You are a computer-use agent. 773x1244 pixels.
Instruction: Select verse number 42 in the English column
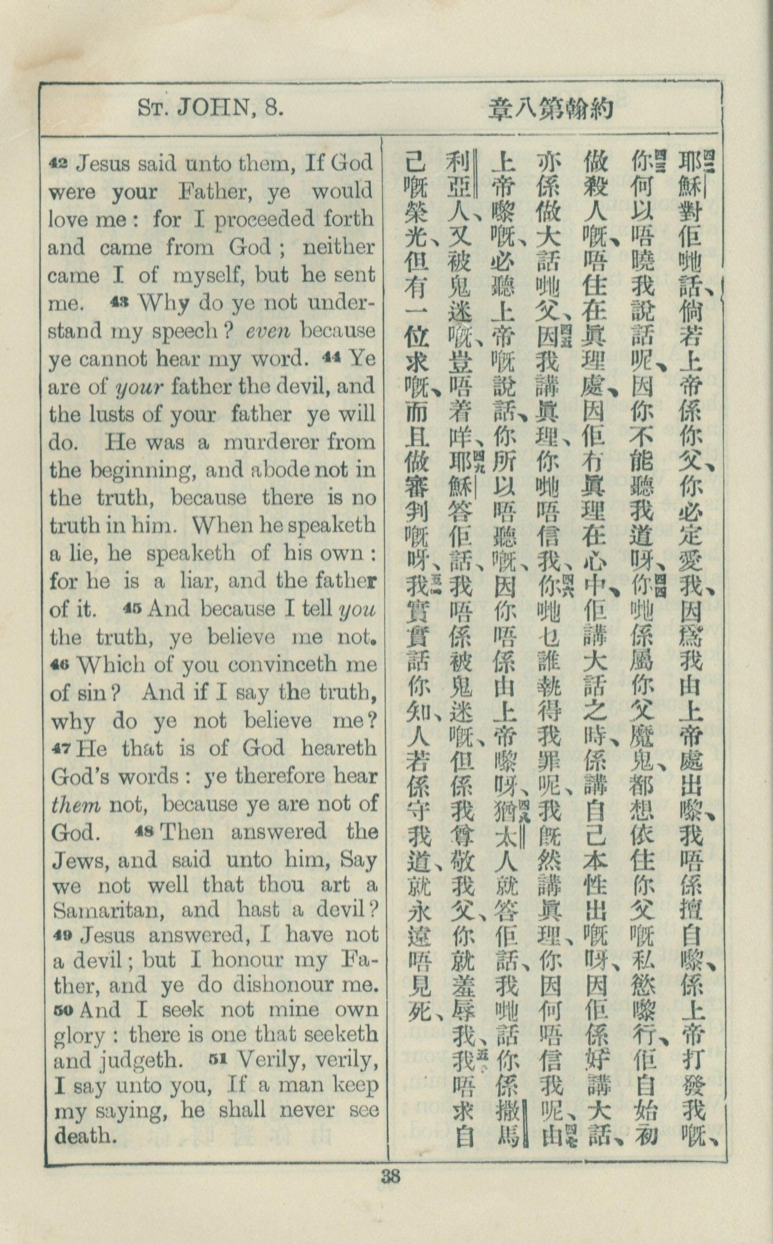click(59, 164)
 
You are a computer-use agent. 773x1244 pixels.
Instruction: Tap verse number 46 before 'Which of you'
click(60, 665)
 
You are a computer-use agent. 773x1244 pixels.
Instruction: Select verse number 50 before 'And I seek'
click(62, 1010)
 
